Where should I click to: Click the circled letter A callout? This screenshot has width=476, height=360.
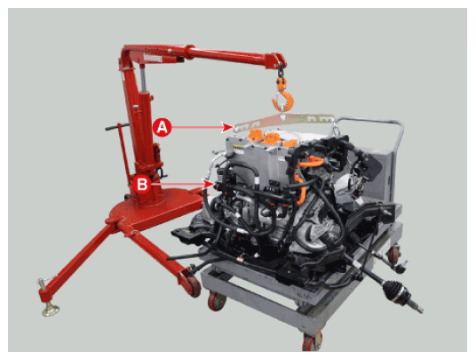pos(163,127)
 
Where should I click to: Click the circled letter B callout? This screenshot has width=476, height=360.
pos(142,184)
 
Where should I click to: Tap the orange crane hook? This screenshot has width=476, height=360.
pos(283,94)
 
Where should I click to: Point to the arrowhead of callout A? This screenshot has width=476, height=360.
pos(227,127)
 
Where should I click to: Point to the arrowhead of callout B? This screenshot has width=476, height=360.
pos(209,184)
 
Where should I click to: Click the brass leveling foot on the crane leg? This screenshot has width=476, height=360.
pos(51,310)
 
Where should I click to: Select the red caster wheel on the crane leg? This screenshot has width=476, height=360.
pos(192,285)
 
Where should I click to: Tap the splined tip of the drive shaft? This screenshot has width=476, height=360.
pos(416,308)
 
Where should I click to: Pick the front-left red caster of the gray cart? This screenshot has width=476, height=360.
pos(217,301)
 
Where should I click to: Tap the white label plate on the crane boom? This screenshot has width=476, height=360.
pos(153,58)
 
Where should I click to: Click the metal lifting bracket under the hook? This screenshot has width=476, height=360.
pos(284,121)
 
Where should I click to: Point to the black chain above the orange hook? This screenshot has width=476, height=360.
pos(281,70)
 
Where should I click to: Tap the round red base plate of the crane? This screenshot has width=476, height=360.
pos(155,210)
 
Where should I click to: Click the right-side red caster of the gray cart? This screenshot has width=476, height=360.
pos(394,254)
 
